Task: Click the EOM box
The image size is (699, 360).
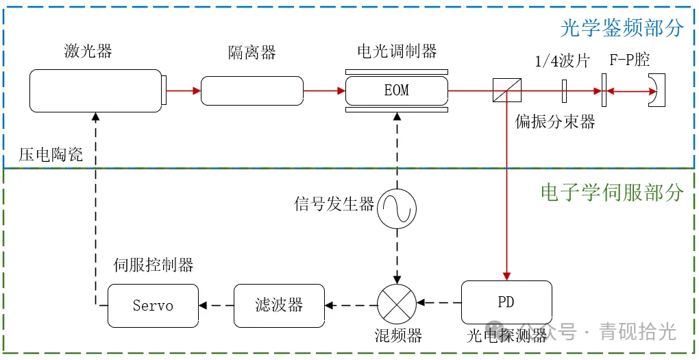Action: (x=396, y=91)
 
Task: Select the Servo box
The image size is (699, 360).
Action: (x=153, y=305)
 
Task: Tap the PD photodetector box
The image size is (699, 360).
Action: (x=506, y=302)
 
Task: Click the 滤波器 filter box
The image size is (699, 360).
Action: (x=279, y=305)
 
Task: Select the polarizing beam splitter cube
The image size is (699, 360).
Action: (x=506, y=91)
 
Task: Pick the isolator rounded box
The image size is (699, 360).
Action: (x=252, y=91)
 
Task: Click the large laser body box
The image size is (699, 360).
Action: (x=95, y=91)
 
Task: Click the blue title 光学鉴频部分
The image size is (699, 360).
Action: (x=622, y=28)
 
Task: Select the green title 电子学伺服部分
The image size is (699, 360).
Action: (x=612, y=193)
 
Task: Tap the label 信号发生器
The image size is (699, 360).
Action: (x=334, y=204)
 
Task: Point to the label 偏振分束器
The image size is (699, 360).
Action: (x=555, y=122)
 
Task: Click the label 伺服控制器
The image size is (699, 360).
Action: (x=154, y=265)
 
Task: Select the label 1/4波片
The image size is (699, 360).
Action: (x=562, y=60)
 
